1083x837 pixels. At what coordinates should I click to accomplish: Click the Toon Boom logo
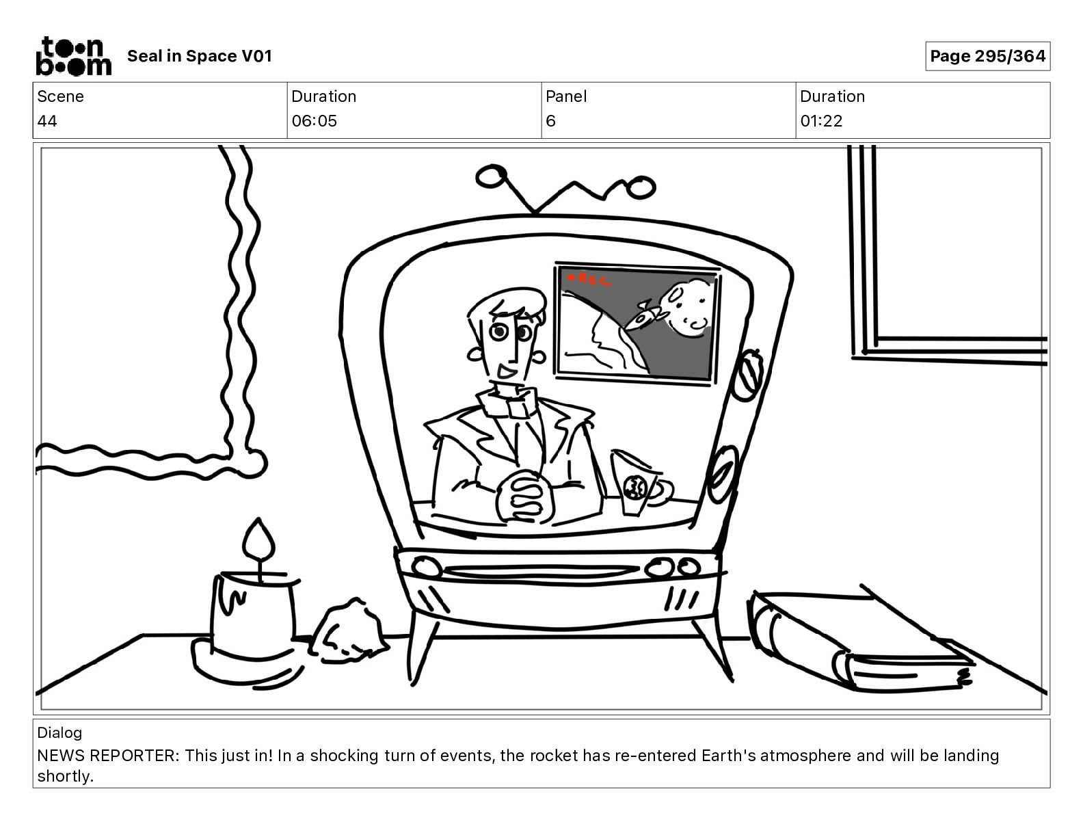click(x=73, y=56)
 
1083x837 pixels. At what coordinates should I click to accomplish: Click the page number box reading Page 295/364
click(x=987, y=56)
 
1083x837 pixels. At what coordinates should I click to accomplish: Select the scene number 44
click(x=47, y=120)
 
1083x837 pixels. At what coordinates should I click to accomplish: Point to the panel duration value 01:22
click(x=821, y=120)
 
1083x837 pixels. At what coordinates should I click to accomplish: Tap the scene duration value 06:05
click(x=314, y=120)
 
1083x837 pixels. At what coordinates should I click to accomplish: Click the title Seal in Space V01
click(x=200, y=56)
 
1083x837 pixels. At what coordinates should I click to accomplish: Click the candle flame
click(x=258, y=540)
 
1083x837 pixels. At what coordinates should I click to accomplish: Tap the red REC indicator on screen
click(x=588, y=279)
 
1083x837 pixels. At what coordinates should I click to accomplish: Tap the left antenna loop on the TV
click(x=492, y=176)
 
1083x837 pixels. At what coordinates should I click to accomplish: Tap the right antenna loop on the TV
click(x=641, y=187)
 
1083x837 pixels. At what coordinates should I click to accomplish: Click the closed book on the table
click(x=860, y=641)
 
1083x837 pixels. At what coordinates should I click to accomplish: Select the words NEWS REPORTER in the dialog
click(x=106, y=756)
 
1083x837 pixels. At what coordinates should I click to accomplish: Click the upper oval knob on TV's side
click(x=746, y=374)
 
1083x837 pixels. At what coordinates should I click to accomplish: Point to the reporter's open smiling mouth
click(x=506, y=371)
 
